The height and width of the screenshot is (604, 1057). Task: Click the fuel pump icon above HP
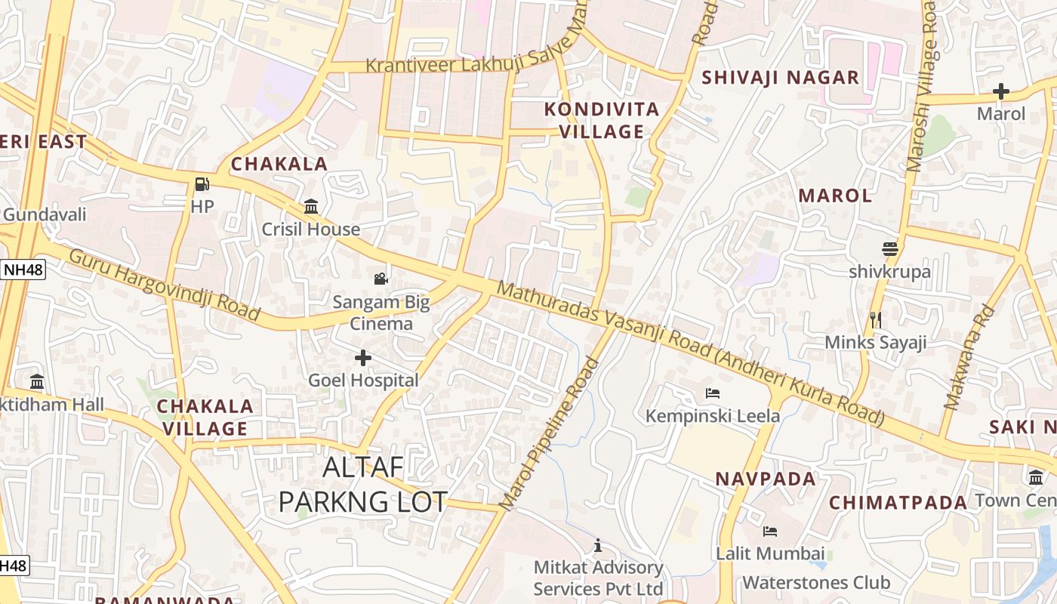[202, 183]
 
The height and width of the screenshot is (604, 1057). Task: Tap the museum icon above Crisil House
[311, 206]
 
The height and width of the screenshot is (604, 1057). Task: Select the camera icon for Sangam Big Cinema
[381, 279]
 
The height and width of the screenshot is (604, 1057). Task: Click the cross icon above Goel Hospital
[363, 357]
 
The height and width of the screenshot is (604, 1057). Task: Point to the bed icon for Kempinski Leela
[712, 393]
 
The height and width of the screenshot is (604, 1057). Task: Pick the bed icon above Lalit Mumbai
[770, 531]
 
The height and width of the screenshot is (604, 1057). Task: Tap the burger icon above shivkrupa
[889, 248]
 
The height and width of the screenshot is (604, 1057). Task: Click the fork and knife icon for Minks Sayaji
[876, 319]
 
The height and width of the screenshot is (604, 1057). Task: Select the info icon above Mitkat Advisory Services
[598, 544]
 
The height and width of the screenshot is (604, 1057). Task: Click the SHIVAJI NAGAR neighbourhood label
[781, 77]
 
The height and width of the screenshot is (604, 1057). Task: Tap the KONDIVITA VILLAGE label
[602, 120]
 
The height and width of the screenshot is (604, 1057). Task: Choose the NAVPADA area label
[766, 479]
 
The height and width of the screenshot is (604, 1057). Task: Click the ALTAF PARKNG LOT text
[363, 485]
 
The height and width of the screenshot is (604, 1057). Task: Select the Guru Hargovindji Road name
[164, 284]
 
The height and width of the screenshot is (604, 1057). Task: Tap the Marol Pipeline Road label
[549, 433]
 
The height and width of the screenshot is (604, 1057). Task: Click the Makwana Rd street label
[968, 357]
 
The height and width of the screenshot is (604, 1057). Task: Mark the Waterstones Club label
[816, 582]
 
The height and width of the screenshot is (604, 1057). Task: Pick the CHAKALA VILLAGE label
[205, 418]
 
